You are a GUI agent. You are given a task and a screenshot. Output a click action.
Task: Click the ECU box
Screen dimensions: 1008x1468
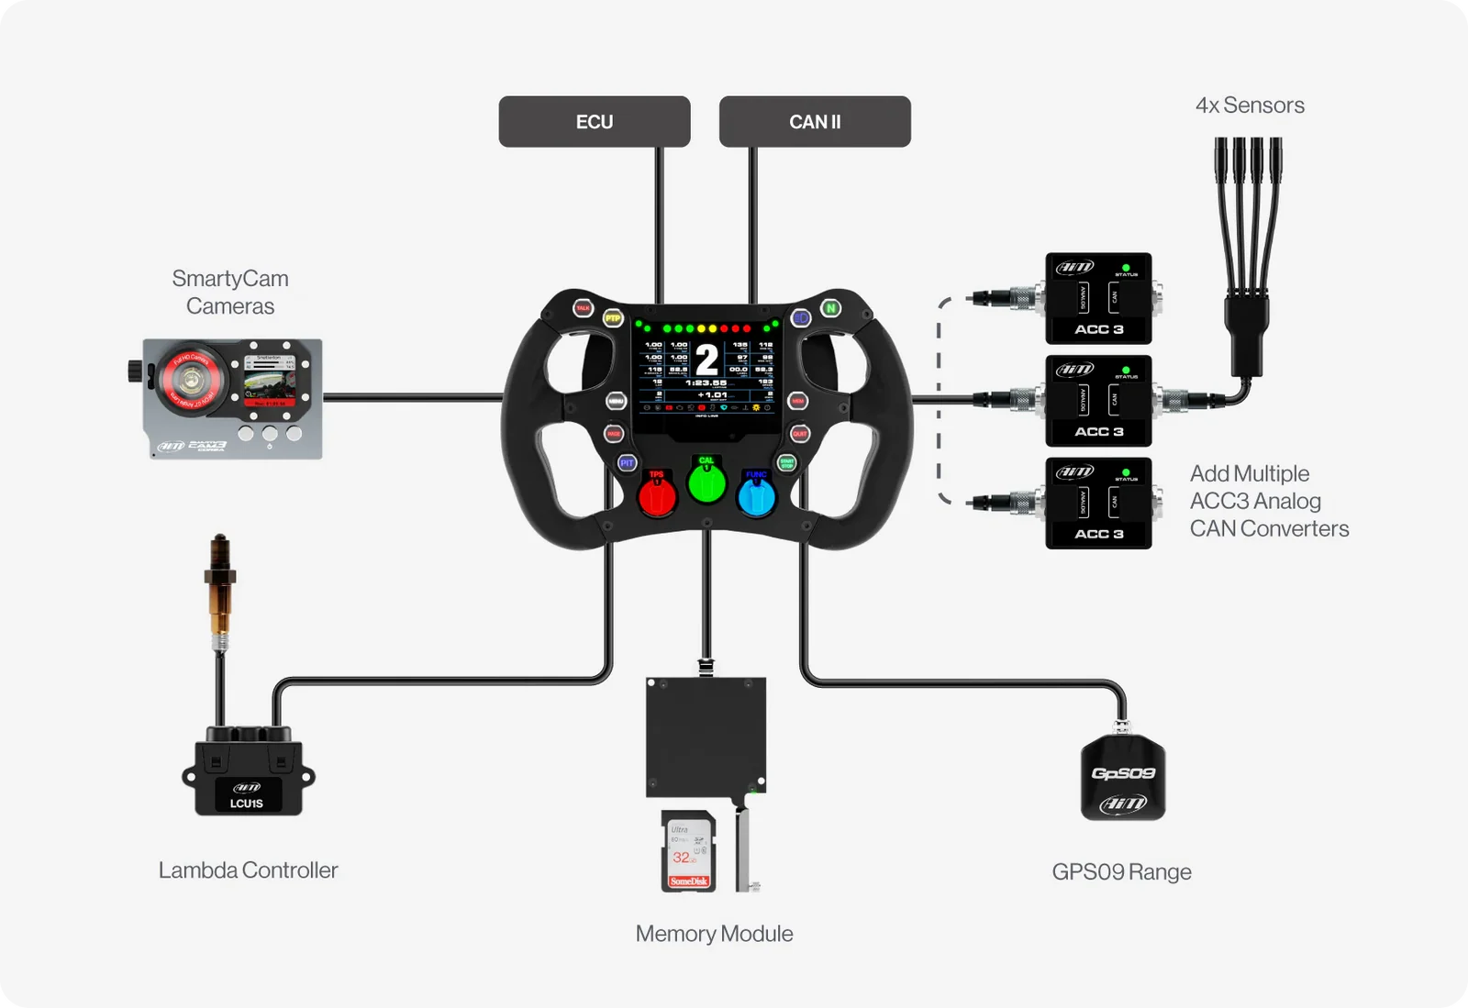[594, 121]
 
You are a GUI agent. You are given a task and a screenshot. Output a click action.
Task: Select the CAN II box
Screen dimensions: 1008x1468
[815, 121]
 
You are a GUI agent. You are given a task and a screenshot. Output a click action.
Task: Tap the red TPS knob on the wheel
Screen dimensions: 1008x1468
[657, 496]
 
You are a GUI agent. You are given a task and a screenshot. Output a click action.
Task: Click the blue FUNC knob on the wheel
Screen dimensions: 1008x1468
[757, 498]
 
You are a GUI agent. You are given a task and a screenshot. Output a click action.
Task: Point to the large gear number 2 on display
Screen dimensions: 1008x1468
[706, 359]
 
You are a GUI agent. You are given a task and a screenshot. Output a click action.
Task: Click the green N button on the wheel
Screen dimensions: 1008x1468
[830, 308]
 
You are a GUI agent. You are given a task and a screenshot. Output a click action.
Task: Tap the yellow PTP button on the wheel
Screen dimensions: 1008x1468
[613, 318]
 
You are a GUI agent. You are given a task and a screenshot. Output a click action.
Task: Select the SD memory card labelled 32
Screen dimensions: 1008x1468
[688, 852]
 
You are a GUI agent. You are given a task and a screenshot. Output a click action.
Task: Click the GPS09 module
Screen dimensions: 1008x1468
[1123, 777]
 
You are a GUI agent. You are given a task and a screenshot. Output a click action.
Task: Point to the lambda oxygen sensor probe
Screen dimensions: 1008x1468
[219, 587]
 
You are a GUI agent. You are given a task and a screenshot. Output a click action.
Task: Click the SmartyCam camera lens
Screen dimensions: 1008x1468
[191, 378]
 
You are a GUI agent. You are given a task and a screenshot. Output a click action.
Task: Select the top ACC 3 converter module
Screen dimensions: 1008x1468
[1098, 298]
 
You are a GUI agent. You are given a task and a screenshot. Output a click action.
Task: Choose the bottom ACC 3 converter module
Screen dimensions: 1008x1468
[1098, 503]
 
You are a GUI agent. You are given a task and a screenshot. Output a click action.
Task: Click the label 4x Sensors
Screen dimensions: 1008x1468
[1250, 105]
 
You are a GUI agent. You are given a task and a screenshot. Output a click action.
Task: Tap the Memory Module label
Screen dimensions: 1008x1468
[714, 934]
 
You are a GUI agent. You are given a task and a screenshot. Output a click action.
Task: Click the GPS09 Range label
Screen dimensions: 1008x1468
[1121, 871]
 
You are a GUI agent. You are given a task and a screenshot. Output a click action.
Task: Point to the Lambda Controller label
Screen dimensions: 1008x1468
[248, 870]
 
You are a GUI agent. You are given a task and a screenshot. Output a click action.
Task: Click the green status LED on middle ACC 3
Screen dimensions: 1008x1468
[1126, 370]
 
